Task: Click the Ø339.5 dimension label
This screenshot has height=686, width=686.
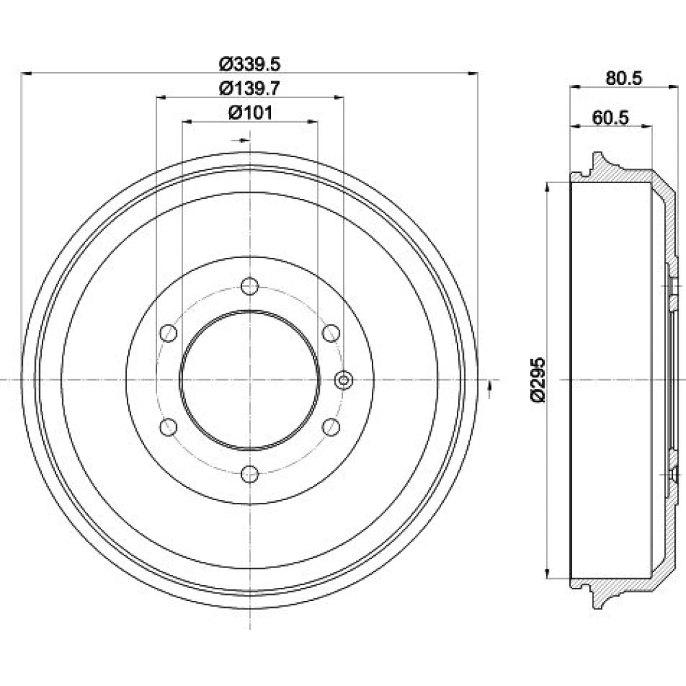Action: (250, 64)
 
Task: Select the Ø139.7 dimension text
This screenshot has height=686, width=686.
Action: (250, 88)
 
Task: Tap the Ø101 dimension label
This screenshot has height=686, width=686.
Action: (250, 113)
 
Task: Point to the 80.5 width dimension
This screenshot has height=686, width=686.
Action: (624, 78)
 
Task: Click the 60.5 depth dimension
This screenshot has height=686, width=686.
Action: (610, 118)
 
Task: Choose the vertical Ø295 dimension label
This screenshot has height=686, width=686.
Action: (538, 379)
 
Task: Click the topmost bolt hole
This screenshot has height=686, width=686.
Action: (250, 286)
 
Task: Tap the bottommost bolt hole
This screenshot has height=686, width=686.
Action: (250, 474)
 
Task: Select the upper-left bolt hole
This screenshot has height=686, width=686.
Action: (169, 333)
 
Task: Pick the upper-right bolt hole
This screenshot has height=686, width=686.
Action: (331, 333)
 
